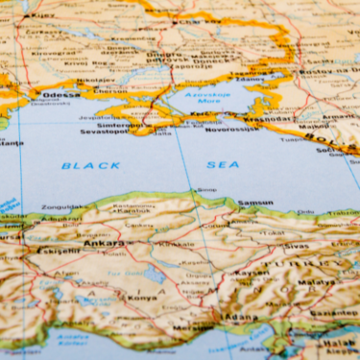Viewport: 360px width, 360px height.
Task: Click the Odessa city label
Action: (61, 95)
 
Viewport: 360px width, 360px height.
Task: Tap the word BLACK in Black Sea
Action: (91, 165)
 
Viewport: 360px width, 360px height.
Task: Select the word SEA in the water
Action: (223, 164)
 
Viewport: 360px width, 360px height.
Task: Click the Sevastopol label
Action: (103, 131)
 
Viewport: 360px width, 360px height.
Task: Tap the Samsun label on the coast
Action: (255, 203)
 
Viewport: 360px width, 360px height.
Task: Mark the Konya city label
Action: (143, 297)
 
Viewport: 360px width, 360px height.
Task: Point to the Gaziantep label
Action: (332, 313)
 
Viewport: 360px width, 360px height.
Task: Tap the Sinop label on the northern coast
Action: (205, 192)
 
